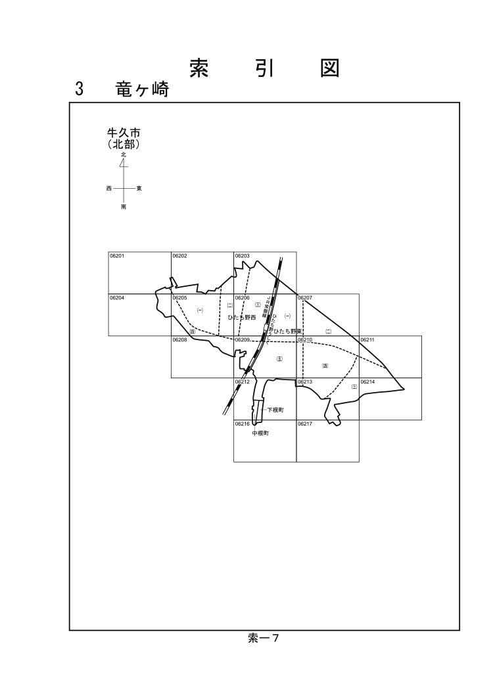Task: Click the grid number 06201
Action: [x=117, y=256]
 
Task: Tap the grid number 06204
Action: [x=117, y=298]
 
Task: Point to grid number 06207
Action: [x=305, y=298]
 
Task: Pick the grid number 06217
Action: [x=305, y=424]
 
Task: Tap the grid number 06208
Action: [x=179, y=340]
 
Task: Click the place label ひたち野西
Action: [x=241, y=317]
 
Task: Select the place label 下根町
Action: [x=275, y=410]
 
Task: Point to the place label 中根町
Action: [x=261, y=434]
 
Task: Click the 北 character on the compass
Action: [x=123, y=155]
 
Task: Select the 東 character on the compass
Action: [x=139, y=188]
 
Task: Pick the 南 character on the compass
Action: [x=123, y=207]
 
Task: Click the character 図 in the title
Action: [x=329, y=68]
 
